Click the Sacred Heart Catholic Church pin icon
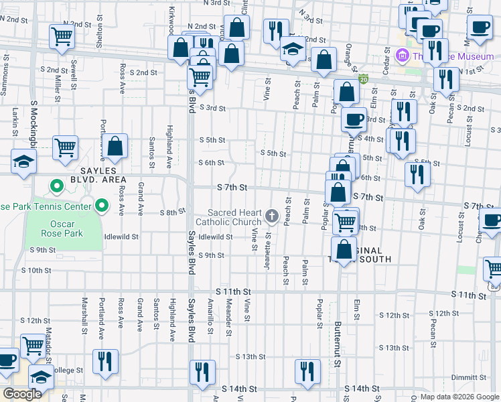coord(271,216)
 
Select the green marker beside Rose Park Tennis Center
coord(102,205)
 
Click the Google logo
coord(22,394)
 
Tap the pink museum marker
coord(402,55)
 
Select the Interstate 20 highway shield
coord(364,79)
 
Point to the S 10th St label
coord(36,271)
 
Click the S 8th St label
coord(171,212)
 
